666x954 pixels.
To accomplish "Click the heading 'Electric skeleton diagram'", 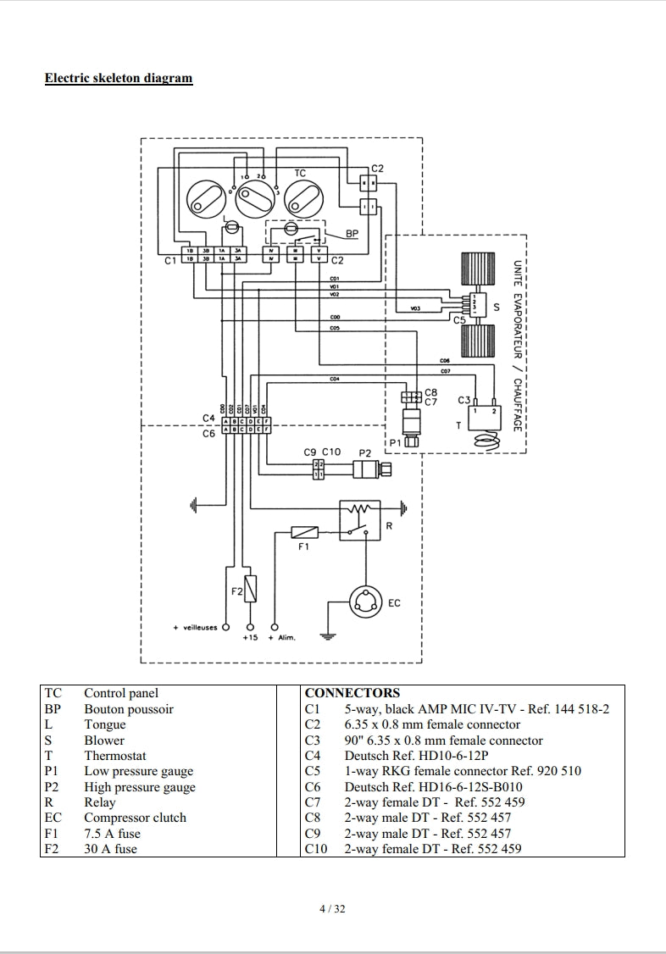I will [x=119, y=79].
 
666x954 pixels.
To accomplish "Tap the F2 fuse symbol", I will [x=251, y=589].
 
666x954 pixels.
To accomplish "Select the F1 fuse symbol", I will [x=304, y=532].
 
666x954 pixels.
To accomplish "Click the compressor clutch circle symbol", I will [x=365, y=602].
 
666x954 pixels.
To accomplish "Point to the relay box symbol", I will [x=362, y=519].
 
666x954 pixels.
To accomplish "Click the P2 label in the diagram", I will [x=364, y=452].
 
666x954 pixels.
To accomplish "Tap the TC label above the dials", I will [x=300, y=173].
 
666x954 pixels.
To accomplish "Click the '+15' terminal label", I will [x=250, y=637].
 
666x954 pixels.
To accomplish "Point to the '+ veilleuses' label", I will [x=195, y=628].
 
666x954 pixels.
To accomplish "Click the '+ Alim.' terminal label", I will [x=281, y=637].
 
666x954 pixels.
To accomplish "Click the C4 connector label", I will [x=208, y=418].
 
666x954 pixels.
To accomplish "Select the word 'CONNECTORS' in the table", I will [x=352, y=693].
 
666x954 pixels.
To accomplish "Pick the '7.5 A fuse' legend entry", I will [x=112, y=834].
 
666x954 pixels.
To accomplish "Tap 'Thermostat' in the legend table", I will [x=114, y=756].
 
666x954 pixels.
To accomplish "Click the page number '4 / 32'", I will [x=332, y=910].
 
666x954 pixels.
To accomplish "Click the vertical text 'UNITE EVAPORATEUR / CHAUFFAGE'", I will [x=516, y=346].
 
